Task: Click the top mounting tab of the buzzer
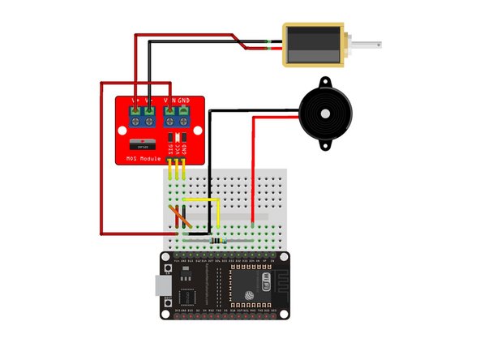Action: click(x=325, y=83)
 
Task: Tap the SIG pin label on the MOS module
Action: click(x=170, y=149)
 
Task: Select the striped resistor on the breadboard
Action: click(x=218, y=239)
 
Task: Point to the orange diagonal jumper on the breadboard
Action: click(x=180, y=217)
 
